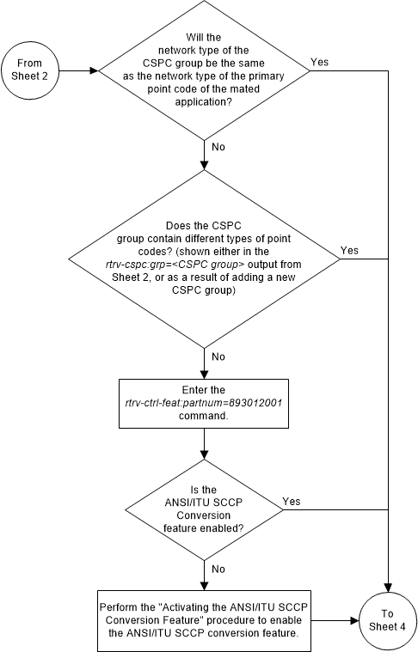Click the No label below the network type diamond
point(218,146)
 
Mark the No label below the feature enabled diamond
point(218,569)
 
